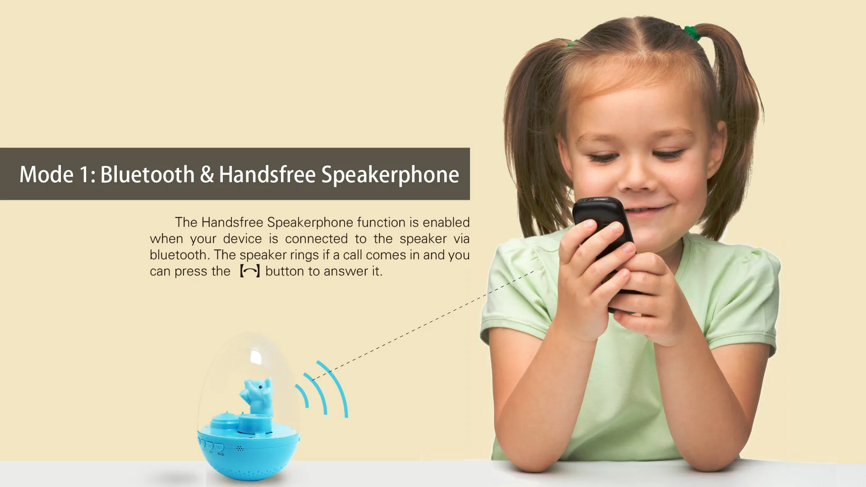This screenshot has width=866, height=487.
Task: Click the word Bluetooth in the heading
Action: coord(147,175)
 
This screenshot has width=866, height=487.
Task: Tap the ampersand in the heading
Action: coord(207,175)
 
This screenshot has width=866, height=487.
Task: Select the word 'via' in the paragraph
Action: coord(461,239)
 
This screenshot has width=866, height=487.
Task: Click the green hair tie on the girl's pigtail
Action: coord(692,33)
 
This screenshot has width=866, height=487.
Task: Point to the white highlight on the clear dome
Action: coord(256,357)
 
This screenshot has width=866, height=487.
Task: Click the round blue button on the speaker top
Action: coord(225,422)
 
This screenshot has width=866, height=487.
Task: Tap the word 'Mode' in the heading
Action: coord(46,175)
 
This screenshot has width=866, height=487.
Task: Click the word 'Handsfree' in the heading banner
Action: coord(267,175)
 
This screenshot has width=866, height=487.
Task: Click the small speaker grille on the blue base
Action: coord(240,449)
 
